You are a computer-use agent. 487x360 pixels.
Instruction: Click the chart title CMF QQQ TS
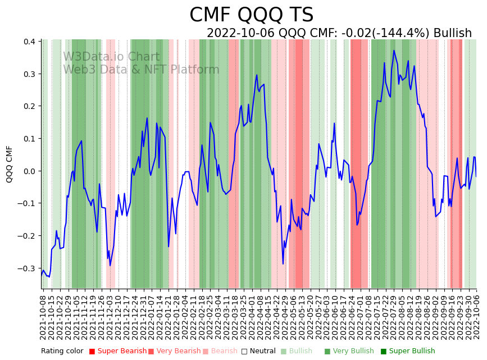point(251,15)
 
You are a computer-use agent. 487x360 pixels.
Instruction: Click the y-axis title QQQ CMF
point(10,164)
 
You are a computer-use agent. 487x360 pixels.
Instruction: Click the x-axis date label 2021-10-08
point(43,315)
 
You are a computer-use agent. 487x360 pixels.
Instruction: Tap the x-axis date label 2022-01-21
point(168,315)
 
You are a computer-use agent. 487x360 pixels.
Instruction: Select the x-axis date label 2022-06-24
point(352,315)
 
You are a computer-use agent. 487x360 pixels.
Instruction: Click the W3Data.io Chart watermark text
point(111,57)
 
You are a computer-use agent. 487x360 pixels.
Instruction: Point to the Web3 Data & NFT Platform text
point(141,70)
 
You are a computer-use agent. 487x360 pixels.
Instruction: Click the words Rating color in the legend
point(62,352)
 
